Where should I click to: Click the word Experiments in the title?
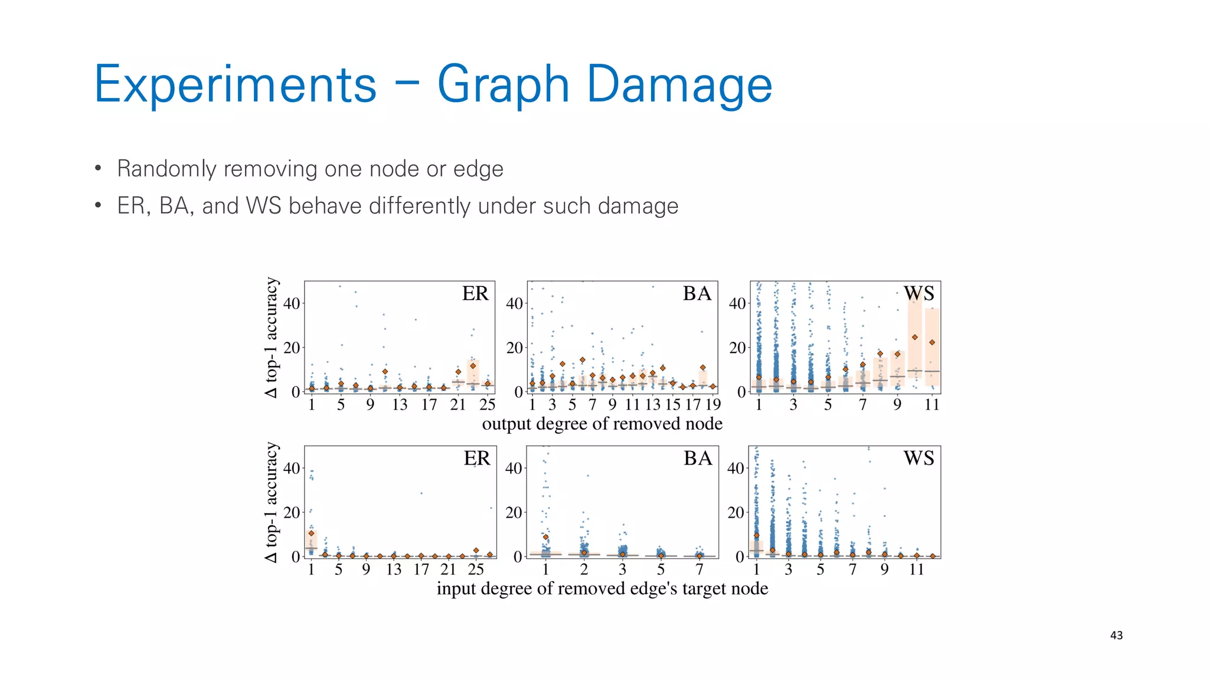pos(235,86)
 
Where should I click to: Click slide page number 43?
pos(1116,636)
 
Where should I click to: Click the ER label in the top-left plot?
pos(475,294)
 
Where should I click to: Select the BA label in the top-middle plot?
pos(697,294)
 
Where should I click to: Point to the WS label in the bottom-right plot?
pos(919,459)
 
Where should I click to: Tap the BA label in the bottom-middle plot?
pos(697,459)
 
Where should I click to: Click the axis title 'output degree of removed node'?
pos(602,424)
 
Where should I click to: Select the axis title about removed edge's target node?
pos(602,589)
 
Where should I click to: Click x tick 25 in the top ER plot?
pos(487,405)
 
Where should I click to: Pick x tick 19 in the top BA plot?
pos(713,405)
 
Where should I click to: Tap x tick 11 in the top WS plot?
pos(932,405)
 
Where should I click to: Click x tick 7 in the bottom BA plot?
pos(699,570)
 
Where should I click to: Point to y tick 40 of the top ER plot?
pos(292,304)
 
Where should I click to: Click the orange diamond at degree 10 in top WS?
pos(914,338)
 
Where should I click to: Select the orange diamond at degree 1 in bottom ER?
pos(311,534)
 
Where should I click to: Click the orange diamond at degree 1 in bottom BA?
pos(545,537)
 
